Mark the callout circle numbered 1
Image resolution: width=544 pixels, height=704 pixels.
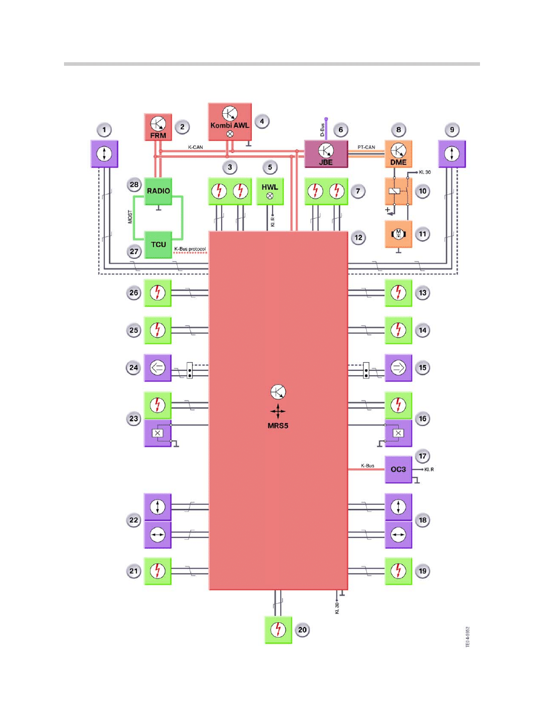(104, 129)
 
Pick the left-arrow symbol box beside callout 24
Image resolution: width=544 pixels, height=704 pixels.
(158, 367)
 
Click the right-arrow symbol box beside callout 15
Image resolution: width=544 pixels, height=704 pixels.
(398, 367)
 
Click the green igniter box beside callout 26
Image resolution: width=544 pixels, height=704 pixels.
(158, 293)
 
